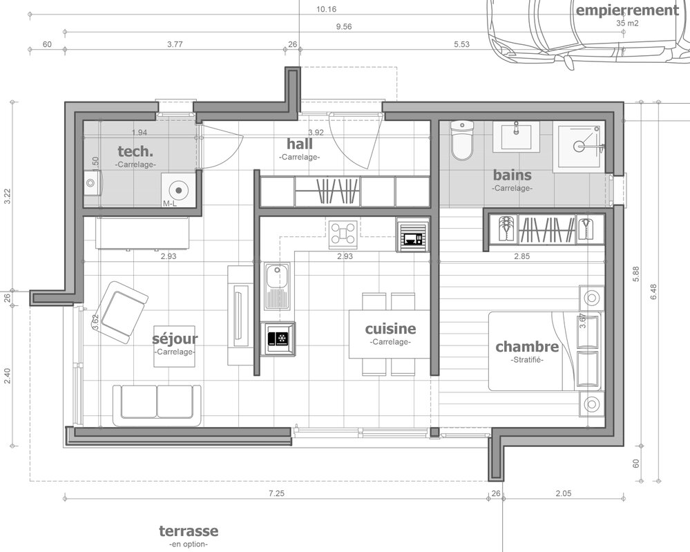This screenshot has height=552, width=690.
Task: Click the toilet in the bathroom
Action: (461, 140)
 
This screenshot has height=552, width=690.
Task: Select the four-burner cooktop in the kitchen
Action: (343, 233)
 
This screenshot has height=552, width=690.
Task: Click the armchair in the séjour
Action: (122, 312)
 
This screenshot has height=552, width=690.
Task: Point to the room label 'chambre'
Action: (527, 346)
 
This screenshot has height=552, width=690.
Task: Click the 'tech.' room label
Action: (135, 151)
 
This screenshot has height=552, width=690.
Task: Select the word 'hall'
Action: (300, 144)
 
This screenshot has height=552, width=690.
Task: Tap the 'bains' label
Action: (512, 175)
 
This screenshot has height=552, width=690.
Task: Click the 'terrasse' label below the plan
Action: (189, 531)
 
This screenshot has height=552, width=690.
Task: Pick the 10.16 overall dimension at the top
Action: (326, 9)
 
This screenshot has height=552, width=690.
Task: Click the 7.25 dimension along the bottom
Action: (276, 493)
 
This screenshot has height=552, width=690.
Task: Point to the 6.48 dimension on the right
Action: (653, 292)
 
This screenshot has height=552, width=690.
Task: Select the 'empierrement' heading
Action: (628, 10)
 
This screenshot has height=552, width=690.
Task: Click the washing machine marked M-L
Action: (178, 190)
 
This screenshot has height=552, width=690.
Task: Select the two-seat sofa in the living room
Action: (157, 406)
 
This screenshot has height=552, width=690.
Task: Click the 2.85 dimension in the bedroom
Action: (522, 256)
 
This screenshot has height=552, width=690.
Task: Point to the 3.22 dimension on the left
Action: (7, 196)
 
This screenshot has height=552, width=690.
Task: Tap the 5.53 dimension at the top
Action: (461, 44)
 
